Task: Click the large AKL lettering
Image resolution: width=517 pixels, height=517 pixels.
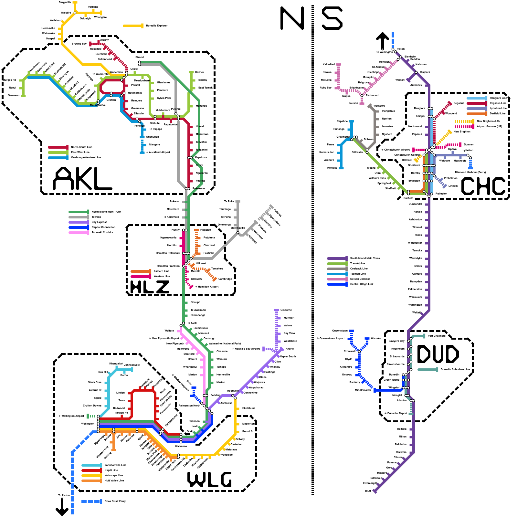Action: point(82,179)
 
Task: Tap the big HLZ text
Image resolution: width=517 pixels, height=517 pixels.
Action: point(150,287)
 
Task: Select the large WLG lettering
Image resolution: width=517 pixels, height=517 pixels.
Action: point(209,480)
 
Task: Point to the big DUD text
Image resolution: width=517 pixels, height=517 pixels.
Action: point(438,354)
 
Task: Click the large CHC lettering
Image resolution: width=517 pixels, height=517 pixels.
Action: point(483,186)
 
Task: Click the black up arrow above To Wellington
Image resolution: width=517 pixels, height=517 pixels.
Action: point(383,41)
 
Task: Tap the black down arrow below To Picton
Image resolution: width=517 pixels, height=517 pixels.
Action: point(62,507)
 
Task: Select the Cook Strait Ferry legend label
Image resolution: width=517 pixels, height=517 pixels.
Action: point(115,501)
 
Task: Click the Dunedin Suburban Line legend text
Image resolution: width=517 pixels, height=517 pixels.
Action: point(455,369)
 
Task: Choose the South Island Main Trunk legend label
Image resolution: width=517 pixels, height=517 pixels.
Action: point(365,258)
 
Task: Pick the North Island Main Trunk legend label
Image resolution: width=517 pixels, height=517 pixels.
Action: point(106,212)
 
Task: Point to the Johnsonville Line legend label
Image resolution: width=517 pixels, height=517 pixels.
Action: point(115,465)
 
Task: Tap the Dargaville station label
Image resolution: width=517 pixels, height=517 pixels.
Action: point(65,2)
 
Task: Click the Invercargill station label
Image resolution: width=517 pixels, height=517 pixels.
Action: point(370,483)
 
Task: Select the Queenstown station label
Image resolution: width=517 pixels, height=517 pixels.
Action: point(340,331)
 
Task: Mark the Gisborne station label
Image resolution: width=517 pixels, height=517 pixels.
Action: point(286,310)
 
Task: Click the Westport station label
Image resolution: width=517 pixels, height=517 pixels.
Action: point(379,106)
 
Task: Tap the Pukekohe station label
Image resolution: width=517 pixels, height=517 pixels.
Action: point(198,188)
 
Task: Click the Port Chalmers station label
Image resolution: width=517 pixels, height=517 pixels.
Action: point(436,336)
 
